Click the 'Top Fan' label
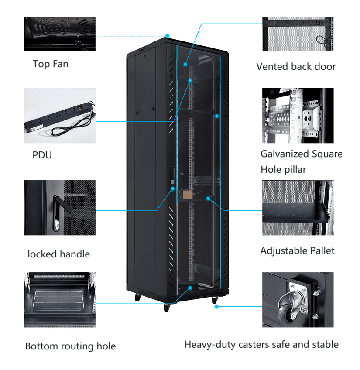click(50, 64)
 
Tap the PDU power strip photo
click(60, 116)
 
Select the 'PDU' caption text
click(42, 155)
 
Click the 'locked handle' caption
click(58, 254)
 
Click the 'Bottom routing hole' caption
click(70, 346)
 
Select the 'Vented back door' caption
click(296, 66)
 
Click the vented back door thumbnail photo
click(298, 34)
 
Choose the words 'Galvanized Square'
click(301, 154)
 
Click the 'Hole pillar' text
click(283, 169)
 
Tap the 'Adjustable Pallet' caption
click(297, 250)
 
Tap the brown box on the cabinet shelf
click(188, 195)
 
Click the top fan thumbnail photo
click(59, 34)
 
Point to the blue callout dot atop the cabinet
click(167, 36)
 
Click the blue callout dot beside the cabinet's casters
click(216, 306)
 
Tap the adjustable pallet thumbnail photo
click(298, 208)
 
